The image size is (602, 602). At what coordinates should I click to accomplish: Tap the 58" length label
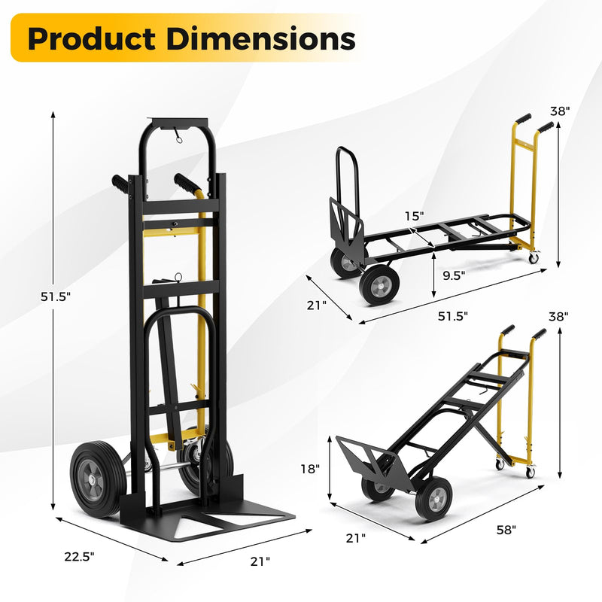[x=506, y=531]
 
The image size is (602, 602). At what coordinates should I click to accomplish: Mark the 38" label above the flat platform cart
[x=560, y=110]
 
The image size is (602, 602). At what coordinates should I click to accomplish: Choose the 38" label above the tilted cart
[x=558, y=317]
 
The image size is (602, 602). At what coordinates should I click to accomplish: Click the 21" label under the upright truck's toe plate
[x=259, y=561]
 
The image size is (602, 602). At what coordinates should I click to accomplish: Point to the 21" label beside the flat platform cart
[x=318, y=305]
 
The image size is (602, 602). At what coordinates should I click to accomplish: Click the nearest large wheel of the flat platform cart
[x=379, y=286]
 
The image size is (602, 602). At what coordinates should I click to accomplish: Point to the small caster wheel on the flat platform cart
[x=534, y=258]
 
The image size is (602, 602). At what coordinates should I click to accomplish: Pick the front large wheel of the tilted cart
[x=433, y=500]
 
